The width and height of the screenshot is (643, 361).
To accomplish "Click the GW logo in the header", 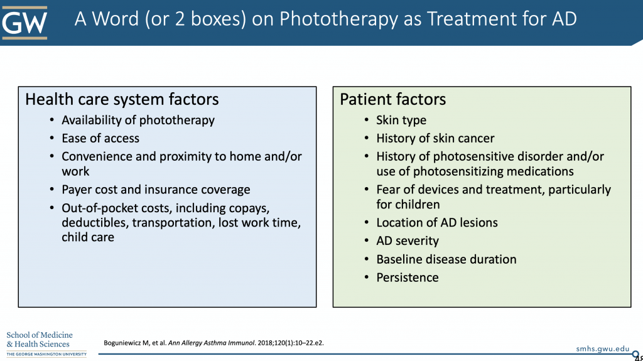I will click(24, 23).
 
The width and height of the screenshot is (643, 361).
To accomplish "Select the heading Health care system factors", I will click(122, 99).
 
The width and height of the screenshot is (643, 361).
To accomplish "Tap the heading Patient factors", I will click(393, 99).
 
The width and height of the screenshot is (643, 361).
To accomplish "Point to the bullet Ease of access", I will click(100, 138).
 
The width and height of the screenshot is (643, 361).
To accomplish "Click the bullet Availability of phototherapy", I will click(138, 120).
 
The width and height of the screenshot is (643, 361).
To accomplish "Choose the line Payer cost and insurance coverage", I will click(156, 190).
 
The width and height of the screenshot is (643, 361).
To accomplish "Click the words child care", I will click(88, 237).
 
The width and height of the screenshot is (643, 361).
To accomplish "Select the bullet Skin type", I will click(401, 120).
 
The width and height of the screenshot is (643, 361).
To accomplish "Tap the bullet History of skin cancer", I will click(435, 138).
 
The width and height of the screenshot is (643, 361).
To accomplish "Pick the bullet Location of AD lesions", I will click(437, 222).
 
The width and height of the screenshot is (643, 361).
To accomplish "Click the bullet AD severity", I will click(408, 240).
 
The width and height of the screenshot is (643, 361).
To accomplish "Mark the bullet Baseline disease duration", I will click(446, 259).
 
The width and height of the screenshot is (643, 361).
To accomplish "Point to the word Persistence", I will click(408, 277).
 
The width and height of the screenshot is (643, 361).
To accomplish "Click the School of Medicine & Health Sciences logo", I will click(44, 343).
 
